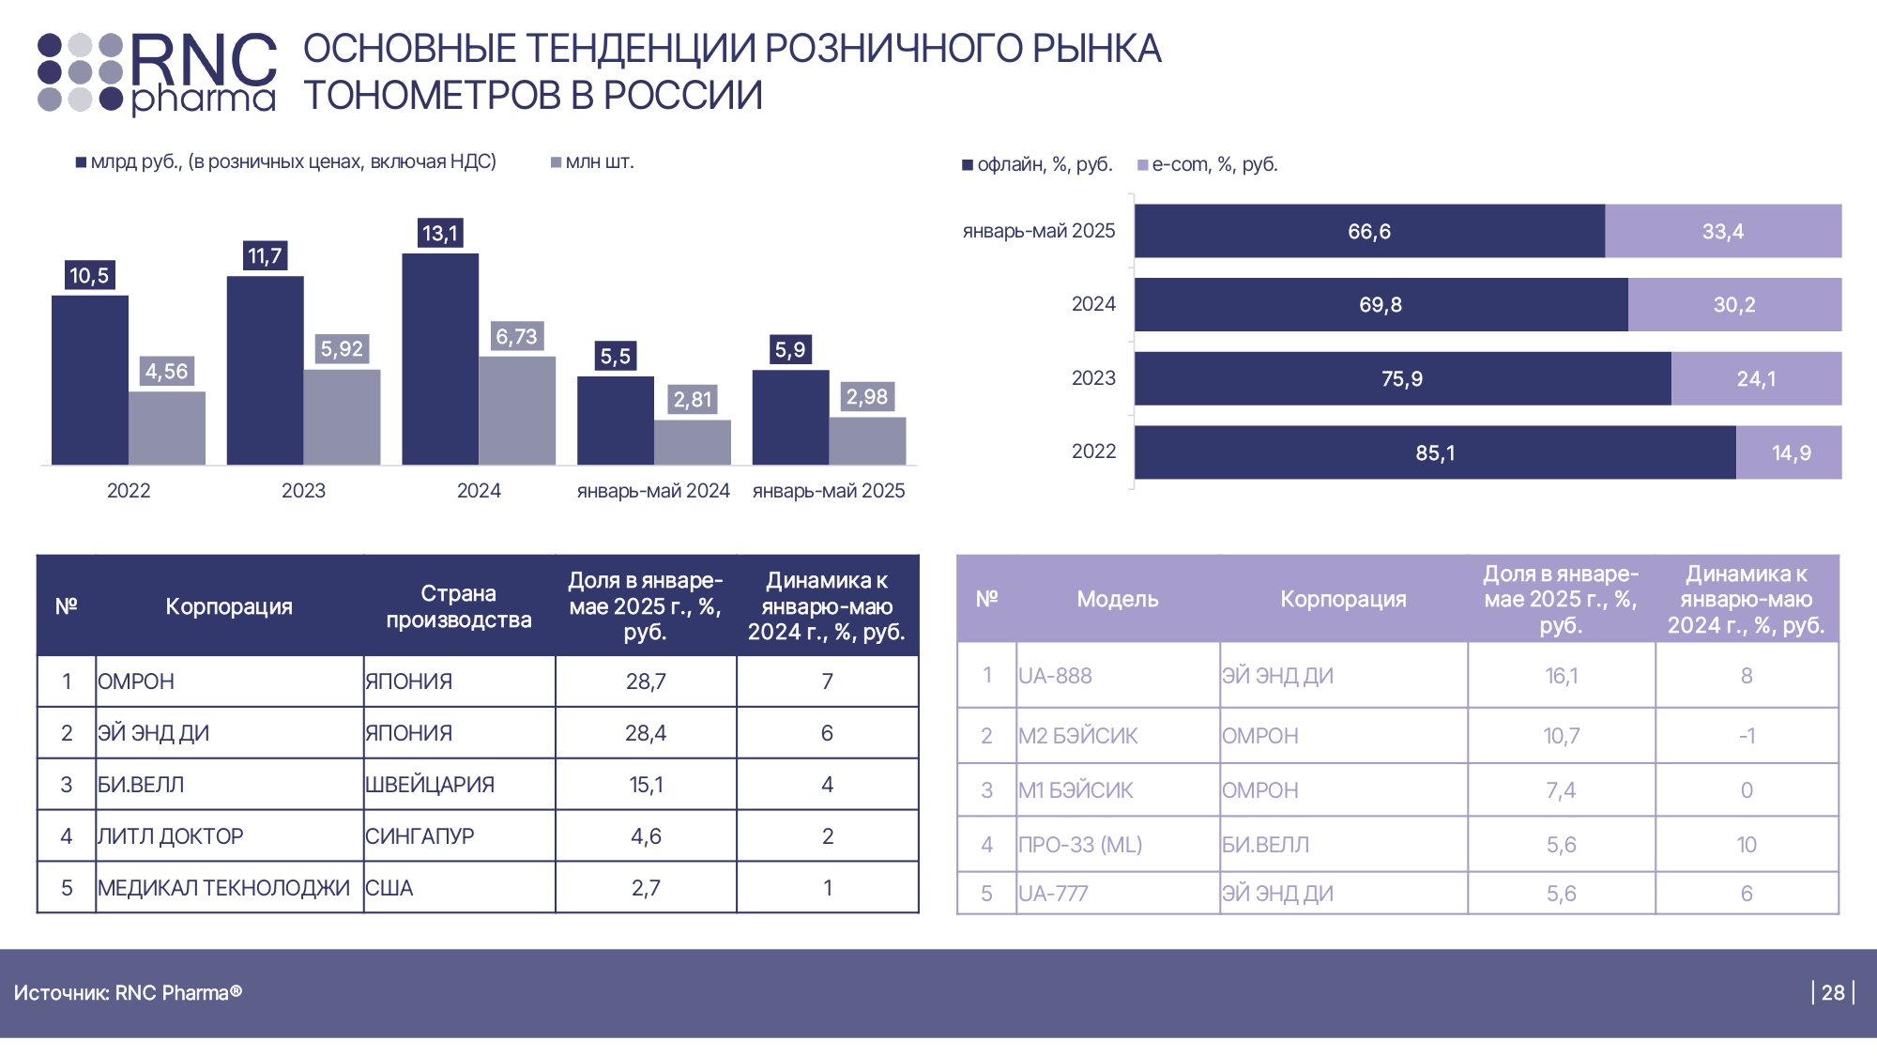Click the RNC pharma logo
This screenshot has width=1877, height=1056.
click(157, 73)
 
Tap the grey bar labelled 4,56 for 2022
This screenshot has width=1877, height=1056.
click(167, 428)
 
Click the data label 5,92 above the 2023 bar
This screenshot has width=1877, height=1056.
click(342, 349)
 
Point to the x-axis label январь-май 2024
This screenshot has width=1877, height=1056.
click(653, 491)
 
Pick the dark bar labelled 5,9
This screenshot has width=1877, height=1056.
click(790, 417)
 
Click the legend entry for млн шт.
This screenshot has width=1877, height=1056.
click(593, 162)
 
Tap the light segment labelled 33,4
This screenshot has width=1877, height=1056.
click(1723, 232)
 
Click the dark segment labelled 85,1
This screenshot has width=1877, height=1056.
click(1435, 453)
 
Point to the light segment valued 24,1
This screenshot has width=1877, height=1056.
click(1756, 379)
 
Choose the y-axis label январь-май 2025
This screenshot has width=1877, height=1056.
click(1039, 231)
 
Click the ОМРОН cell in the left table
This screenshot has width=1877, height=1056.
click(136, 681)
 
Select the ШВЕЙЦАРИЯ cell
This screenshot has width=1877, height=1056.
click(430, 785)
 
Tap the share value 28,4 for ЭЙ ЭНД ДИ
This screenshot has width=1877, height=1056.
click(646, 733)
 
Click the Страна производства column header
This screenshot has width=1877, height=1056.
click(459, 606)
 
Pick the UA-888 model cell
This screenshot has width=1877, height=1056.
click(1055, 676)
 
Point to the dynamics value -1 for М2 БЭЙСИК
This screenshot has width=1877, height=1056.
click(1747, 736)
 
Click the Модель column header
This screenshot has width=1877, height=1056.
click(1118, 599)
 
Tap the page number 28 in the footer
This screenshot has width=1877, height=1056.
click(1833, 993)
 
